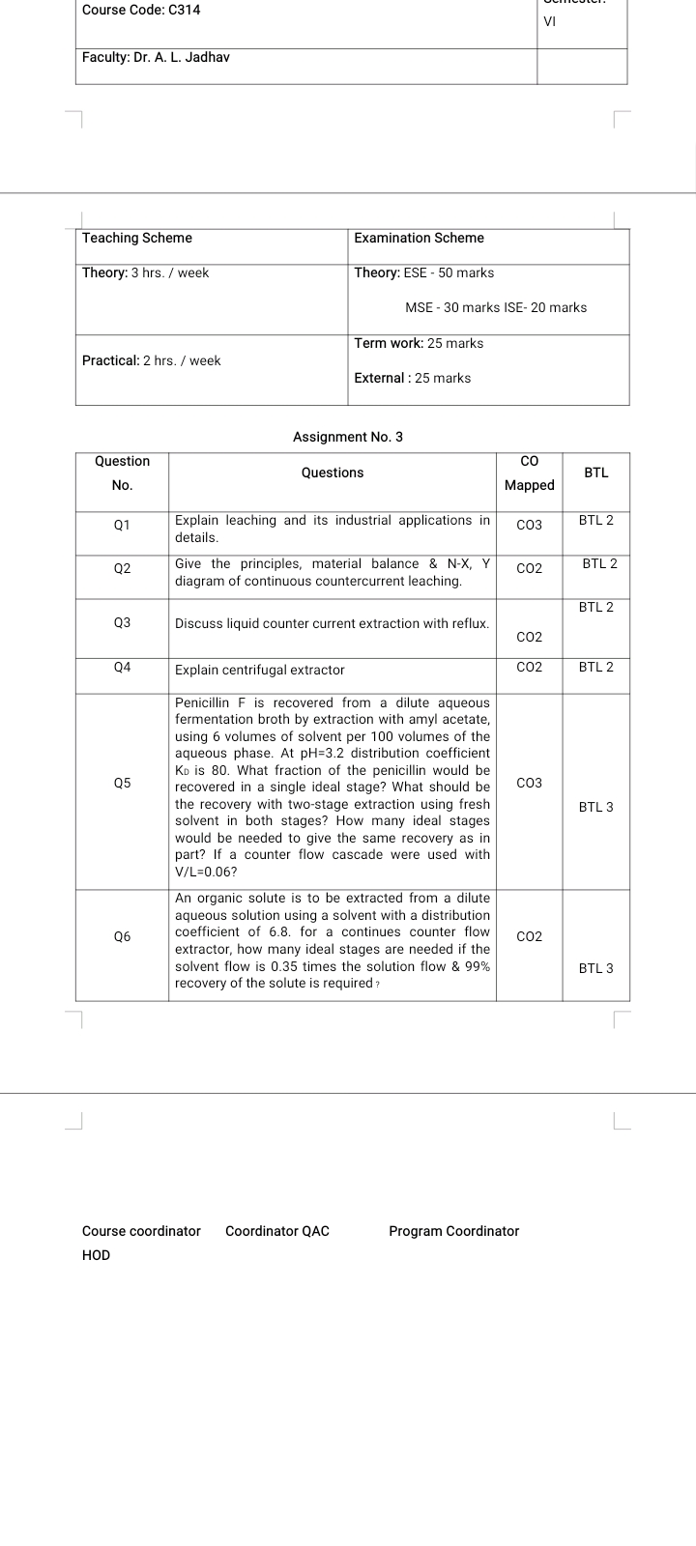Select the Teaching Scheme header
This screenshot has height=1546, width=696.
coord(137,238)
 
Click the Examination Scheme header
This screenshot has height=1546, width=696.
coord(419,238)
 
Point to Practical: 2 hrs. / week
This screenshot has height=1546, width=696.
coord(151,360)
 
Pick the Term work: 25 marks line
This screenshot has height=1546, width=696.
coord(419,343)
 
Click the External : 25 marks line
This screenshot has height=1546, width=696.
coord(413,378)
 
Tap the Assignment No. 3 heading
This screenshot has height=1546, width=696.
coord(348,437)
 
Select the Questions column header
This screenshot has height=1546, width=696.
coord(333,472)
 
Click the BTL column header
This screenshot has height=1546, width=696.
coord(596,472)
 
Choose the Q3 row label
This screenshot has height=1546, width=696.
coord(122,623)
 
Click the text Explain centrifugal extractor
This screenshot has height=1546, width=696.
coord(259,670)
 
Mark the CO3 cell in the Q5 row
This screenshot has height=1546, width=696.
coord(529,783)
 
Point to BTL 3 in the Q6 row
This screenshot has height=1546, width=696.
coord(595,967)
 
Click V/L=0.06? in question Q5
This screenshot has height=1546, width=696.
coord(206,872)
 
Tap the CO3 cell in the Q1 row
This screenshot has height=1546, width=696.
coord(529,525)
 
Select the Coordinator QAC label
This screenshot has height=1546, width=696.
coord(276,1231)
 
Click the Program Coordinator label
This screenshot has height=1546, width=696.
coord(453,1231)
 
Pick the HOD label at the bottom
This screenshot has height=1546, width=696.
coord(96,1255)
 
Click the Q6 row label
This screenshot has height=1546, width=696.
coord(122,936)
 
